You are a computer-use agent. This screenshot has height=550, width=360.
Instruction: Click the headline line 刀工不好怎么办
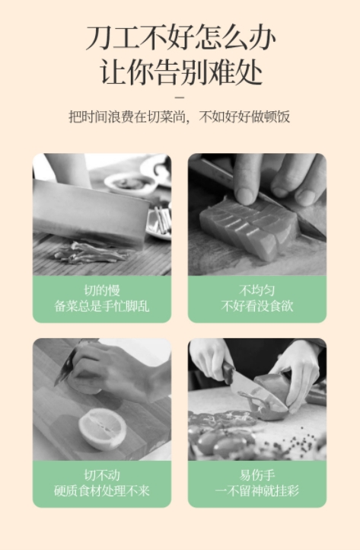coord(180,37)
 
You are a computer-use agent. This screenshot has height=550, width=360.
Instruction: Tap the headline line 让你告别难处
coord(180,72)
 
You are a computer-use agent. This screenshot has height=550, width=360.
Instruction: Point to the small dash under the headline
coord(180,98)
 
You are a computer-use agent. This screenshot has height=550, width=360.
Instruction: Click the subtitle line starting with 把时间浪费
coord(180,117)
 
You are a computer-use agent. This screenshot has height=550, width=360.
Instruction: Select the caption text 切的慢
coord(102,290)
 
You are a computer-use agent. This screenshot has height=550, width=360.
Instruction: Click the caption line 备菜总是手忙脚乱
coord(102,306)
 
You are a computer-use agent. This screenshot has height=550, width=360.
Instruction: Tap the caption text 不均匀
coord(257,290)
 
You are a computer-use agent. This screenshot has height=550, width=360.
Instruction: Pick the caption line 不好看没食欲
coord(257,306)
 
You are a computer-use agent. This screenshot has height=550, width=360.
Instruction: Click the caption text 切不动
coord(102,475)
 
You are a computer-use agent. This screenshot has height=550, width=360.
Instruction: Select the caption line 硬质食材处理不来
coord(102,491)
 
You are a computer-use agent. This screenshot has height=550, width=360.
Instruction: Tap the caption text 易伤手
coord(257,475)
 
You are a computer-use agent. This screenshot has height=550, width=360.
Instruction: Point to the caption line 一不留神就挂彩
coord(257,491)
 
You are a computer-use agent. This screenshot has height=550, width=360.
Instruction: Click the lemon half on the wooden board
coord(102,429)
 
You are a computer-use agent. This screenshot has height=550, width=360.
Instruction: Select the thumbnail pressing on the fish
coord(245,195)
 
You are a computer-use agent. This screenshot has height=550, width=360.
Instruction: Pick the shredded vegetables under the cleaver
coord(91,253)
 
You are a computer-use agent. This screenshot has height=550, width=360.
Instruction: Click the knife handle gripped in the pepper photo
coord(228,373)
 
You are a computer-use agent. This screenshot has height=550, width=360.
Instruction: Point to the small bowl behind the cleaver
coord(130,183)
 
